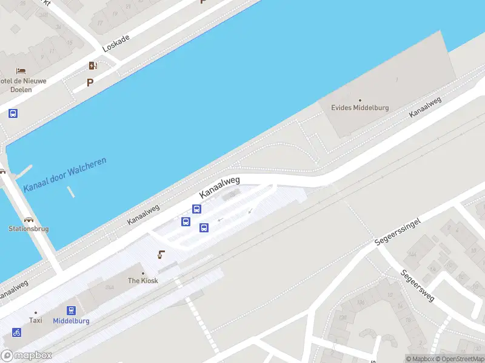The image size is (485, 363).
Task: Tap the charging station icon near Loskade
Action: [x=93, y=65]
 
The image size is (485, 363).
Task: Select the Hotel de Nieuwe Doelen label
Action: [x=23, y=85]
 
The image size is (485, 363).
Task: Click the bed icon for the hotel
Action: [x=21, y=71]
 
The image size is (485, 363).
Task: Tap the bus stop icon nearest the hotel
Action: [x=13, y=113]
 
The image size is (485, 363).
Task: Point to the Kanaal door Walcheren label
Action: [x=65, y=175]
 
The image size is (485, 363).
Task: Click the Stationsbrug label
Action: [x=28, y=229]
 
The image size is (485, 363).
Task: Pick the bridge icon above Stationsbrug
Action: [x=28, y=219]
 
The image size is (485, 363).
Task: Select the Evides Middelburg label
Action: [x=360, y=108]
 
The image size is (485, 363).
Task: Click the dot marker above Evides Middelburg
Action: [x=360, y=100]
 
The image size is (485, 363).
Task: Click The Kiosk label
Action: [x=142, y=281]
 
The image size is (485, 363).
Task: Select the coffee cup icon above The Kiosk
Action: [x=161, y=254]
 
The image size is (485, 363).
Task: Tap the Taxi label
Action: [x=36, y=321]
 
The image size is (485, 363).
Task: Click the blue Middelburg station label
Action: [x=71, y=321]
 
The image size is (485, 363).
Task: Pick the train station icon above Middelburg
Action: [x=71, y=310]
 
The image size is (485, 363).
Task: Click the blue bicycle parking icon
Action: [x=16, y=332]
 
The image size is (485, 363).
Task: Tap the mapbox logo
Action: [x=27, y=356]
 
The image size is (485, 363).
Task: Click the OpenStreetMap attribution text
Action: [x=458, y=359]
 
